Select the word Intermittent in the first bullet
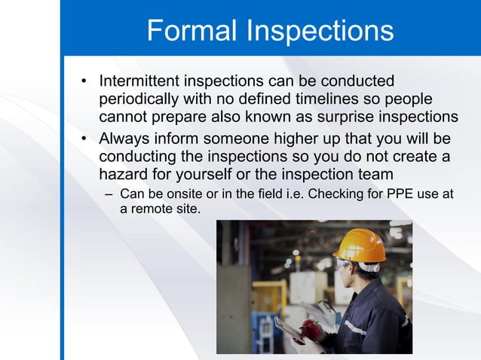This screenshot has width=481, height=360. click(144, 81)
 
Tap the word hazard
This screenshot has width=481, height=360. click(124, 175)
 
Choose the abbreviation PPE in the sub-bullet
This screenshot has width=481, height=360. click(401, 194)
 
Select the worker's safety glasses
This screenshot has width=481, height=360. click(344, 265)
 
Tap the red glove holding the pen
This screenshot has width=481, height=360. click(311, 330)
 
